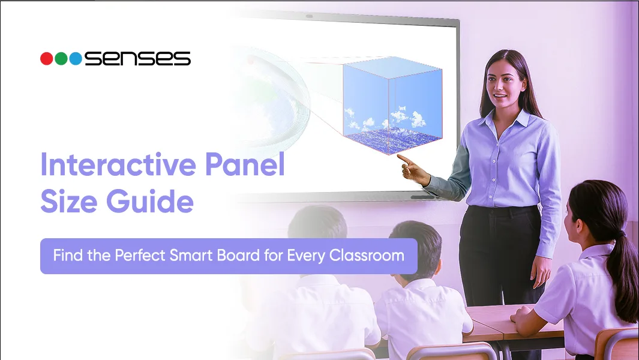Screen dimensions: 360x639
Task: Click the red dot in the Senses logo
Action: click(x=47, y=59)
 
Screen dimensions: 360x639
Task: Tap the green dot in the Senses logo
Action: click(x=61, y=59)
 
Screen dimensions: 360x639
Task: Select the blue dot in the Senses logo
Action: click(x=76, y=59)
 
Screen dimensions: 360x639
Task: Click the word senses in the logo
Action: click(x=137, y=59)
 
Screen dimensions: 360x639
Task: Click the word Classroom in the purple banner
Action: click(x=366, y=256)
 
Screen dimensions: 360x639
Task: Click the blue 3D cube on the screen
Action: click(x=390, y=105)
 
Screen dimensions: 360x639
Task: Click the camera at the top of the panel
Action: click(x=309, y=16)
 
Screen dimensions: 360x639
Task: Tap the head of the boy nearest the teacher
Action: click(x=414, y=246)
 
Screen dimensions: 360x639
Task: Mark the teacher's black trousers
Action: click(x=498, y=252)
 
